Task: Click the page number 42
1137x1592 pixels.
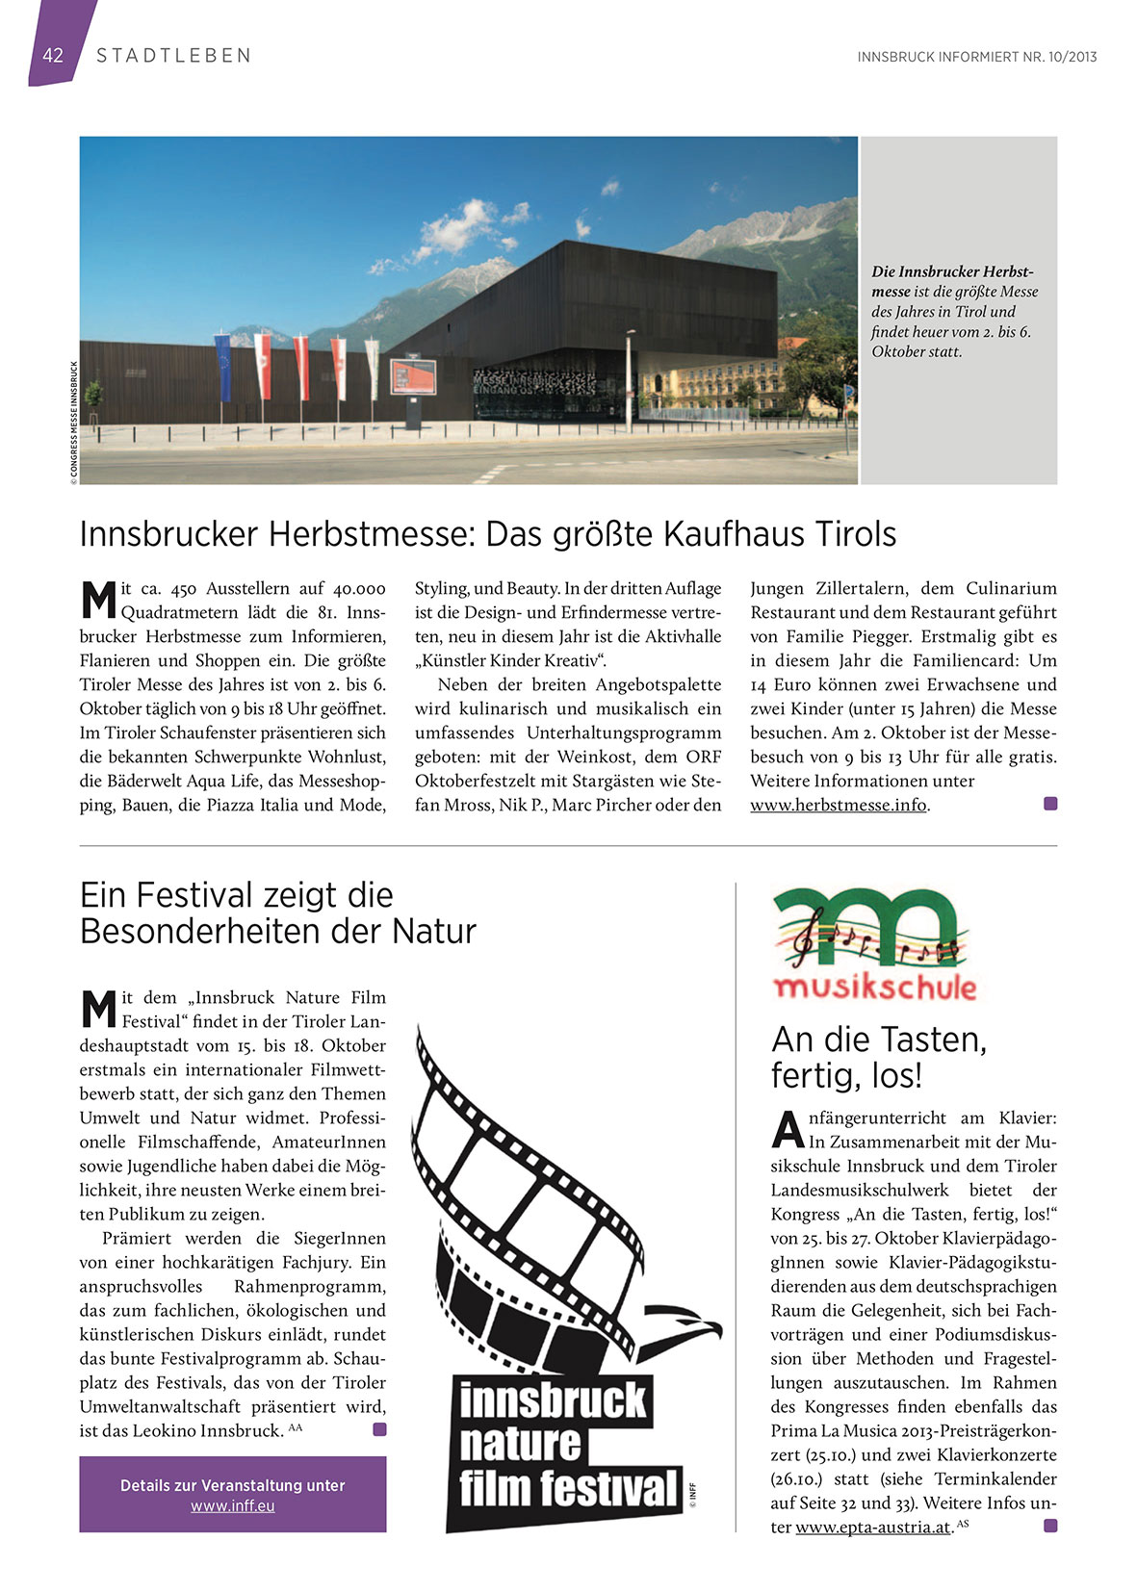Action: coord(52,56)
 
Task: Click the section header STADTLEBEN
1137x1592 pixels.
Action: coord(173,56)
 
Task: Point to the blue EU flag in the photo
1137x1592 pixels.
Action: coord(223,366)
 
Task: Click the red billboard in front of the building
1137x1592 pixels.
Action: coord(412,376)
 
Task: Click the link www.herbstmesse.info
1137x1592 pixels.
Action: coord(838,805)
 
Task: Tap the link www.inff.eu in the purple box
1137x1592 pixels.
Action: coord(232,1505)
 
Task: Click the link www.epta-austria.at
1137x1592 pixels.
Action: coord(872,1528)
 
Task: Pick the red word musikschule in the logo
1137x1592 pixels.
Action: coord(874,987)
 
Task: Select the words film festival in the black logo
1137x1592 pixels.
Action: coord(568,1488)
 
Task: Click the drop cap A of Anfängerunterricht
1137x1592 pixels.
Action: coord(788,1130)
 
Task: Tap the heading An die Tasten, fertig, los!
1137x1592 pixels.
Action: coord(878,1057)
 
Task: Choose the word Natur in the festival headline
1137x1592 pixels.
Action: coord(433,932)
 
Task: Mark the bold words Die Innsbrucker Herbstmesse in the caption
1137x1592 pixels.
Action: coord(951,281)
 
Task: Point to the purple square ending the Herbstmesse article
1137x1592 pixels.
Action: coord(1050,804)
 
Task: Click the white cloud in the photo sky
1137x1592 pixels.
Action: coord(460,227)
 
